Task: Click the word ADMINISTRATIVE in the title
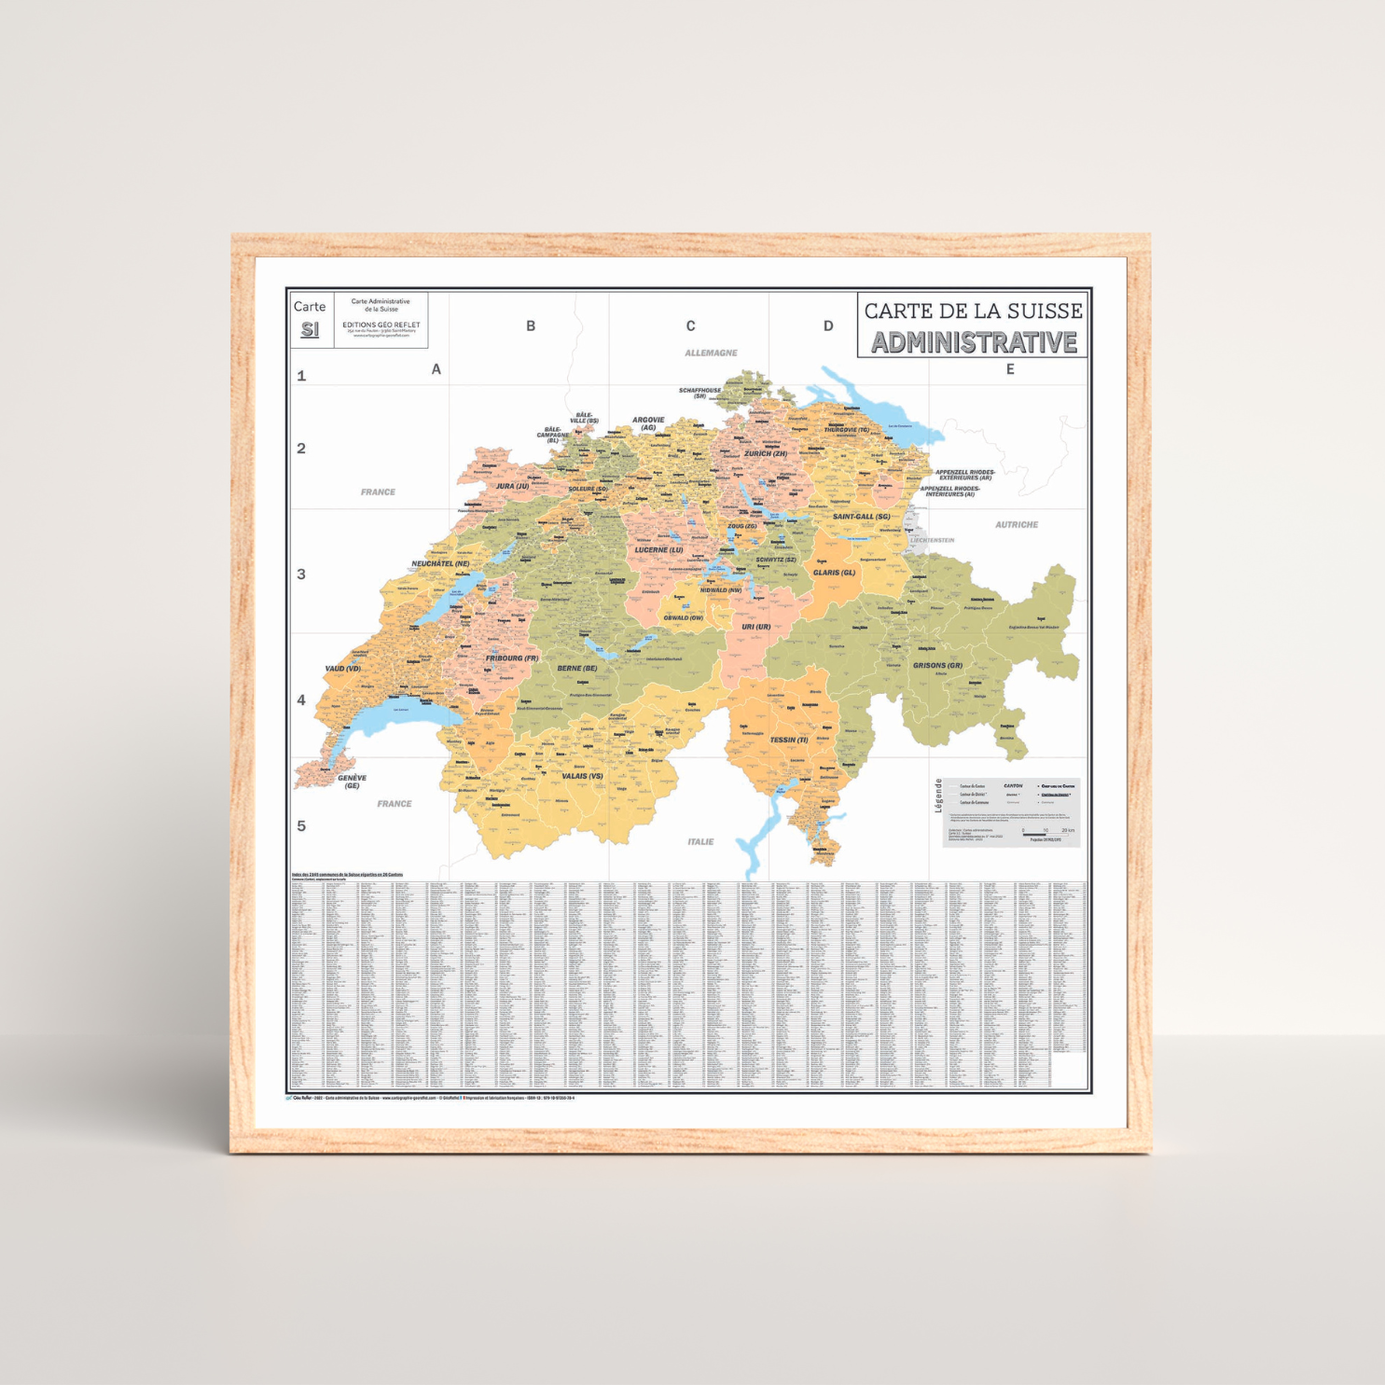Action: click(x=974, y=342)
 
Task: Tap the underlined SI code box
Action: click(x=310, y=330)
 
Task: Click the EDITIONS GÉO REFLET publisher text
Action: click(x=381, y=325)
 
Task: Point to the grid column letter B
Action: click(x=531, y=325)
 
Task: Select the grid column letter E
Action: click(x=1010, y=369)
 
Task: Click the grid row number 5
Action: click(x=301, y=825)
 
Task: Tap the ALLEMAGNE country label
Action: click(x=711, y=353)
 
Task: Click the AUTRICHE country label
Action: click(x=1017, y=524)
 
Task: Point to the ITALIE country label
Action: click(x=700, y=841)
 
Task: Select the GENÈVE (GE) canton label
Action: click(x=352, y=782)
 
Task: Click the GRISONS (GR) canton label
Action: click(x=937, y=665)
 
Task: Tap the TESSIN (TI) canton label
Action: click(x=789, y=740)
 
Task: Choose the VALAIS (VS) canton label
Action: click(x=582, y=775)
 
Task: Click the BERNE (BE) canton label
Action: click(x=576, y=668)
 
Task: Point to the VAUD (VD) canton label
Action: click(x=342, y=669)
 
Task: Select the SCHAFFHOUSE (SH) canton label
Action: click(x=699, y=393)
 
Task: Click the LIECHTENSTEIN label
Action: click(x=932, y=540)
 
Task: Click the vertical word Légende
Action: click(x=938, y=796)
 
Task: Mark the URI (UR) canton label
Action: click(x=755, y=627)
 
